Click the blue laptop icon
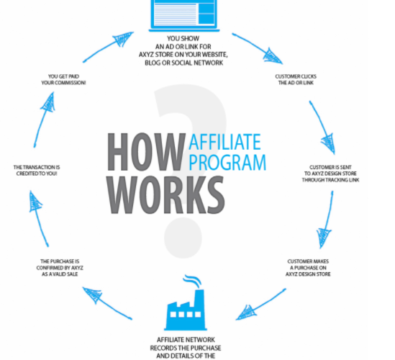184,15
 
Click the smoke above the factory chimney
192,281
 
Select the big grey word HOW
146,152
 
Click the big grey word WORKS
165,195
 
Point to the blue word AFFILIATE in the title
224,142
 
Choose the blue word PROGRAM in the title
227,162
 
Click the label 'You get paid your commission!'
63,79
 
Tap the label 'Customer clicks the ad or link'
296,79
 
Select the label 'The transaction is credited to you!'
37,171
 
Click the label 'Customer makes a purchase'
308,268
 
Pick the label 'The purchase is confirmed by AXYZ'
60,268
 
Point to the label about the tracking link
330,174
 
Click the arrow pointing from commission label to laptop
109,47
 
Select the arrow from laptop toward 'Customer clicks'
257,48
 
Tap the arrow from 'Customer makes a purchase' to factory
261,305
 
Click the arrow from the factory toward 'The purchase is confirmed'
107,303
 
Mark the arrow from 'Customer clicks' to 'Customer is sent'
322,127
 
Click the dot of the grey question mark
183,238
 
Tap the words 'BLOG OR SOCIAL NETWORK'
183,63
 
